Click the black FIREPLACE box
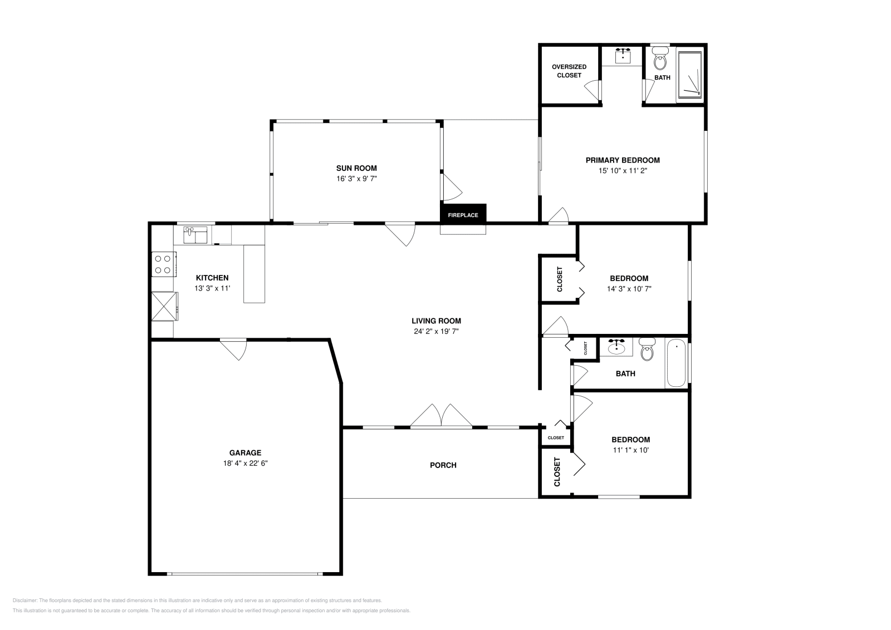coord(463,214)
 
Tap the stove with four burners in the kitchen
coord(164,264)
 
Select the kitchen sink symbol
coord(195,235)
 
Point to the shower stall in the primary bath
coord(690,75)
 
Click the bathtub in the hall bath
coord(676,362)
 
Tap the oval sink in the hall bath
coord(616,347)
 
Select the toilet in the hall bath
coord(647,349)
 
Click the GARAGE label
coord(245,452)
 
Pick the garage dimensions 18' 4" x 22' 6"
coord(246,463)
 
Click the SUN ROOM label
coord(356,168)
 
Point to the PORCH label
coord(443,465)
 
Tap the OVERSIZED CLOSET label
coord(569,71)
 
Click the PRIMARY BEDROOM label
coord(623,160)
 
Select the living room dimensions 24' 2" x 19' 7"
coord(437,331)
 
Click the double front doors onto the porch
coord(441,416)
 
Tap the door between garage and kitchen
coord(234,350)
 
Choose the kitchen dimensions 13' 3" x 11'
coord(212,288)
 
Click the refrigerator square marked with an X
coord(164,306)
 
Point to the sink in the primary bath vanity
coord(623,56)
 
